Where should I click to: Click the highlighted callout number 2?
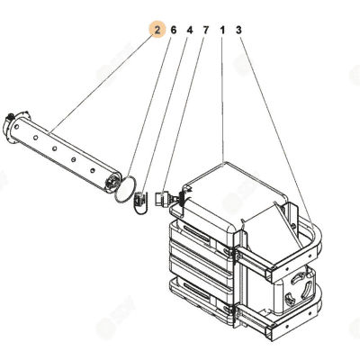[157, 30]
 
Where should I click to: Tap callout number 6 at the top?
[174, 30]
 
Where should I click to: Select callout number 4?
[190, 30]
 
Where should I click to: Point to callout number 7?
[206, 30]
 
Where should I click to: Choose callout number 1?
[222, 30]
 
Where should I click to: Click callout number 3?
[238, 30]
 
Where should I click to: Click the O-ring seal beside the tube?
[116, 194]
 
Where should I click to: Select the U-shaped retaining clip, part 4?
[139, 202]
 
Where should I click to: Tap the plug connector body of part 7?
[161, 198]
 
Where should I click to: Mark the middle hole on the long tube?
[55, 148]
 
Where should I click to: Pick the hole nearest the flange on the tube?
[17, 126]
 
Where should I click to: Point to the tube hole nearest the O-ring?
[93, 171]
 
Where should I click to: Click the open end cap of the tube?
[112, 181]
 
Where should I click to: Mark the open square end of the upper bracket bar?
[269, 274]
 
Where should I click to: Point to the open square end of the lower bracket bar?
[269, 331]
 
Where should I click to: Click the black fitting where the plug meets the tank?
[181, 197]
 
